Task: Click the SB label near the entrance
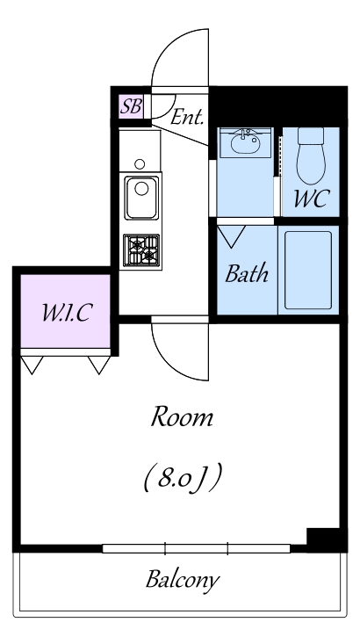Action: click(131, 106)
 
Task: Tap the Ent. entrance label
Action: click(187, 117)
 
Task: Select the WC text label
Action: click(312, 199)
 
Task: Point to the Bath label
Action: click(247, 273)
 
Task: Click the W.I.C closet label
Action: click(67, 313)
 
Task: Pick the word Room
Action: click(182, 416)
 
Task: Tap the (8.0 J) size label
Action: click(183, 478)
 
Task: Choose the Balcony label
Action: click(183, 580)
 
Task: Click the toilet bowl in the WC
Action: click(311, 163)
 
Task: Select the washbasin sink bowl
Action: click(245, 143)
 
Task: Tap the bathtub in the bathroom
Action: click(308, 271)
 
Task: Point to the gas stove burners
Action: click(141, 250)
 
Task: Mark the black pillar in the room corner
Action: click(323, 537)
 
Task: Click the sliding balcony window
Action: click(196, 548)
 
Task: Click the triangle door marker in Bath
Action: click(231, 236)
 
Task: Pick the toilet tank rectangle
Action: click(311, 135)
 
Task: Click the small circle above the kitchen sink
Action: click(140, 164)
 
